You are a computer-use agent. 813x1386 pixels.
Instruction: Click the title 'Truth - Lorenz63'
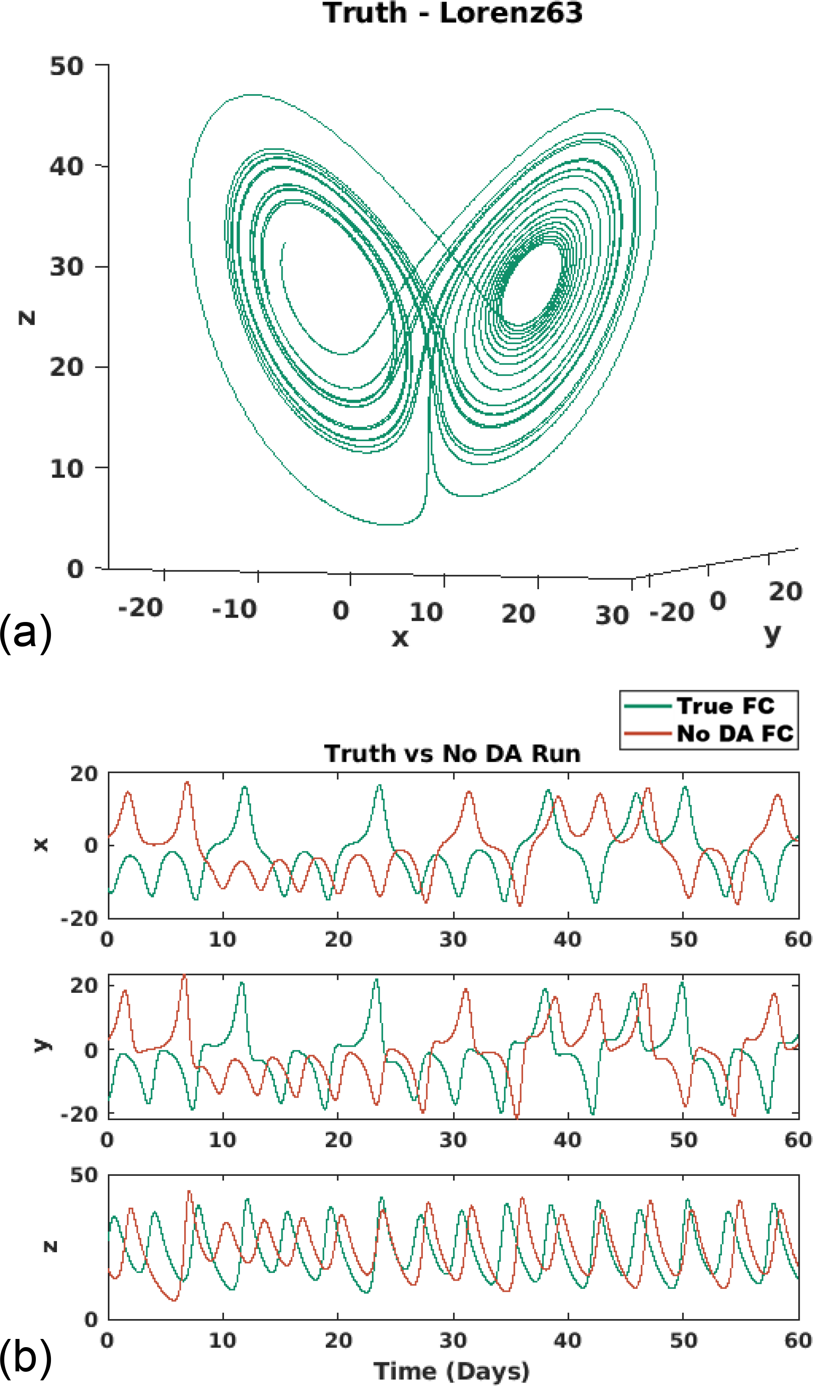[x=452, y=13]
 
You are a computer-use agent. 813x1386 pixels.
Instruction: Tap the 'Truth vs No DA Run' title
[x=452, y=754]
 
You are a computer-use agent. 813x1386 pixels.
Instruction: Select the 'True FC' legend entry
[x=725, y=706]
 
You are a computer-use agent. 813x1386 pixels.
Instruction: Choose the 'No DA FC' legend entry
[x=735, y=734]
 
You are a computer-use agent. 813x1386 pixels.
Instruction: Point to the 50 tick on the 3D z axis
[x=66, y=66]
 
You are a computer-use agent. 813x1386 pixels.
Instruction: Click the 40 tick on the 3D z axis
[x=66, y=166]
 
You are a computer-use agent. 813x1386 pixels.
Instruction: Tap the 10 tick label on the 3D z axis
[x=66, y=469]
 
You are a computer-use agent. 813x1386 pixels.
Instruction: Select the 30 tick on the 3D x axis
[x=612, y=616]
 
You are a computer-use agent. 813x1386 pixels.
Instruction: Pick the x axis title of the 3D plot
[x=400, y=638]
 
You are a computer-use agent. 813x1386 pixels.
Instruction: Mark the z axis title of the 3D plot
[x=27, y=317]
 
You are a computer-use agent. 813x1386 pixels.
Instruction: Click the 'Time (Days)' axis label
[x=451, y=1372]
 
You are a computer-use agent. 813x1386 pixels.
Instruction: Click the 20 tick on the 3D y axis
[x=785, y=592]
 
